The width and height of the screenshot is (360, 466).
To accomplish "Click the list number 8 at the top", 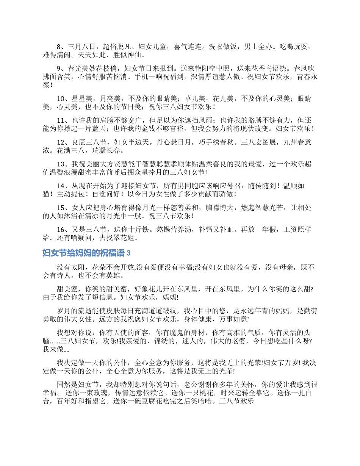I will pos(59,47).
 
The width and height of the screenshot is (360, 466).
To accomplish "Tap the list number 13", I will pos(61,164).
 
